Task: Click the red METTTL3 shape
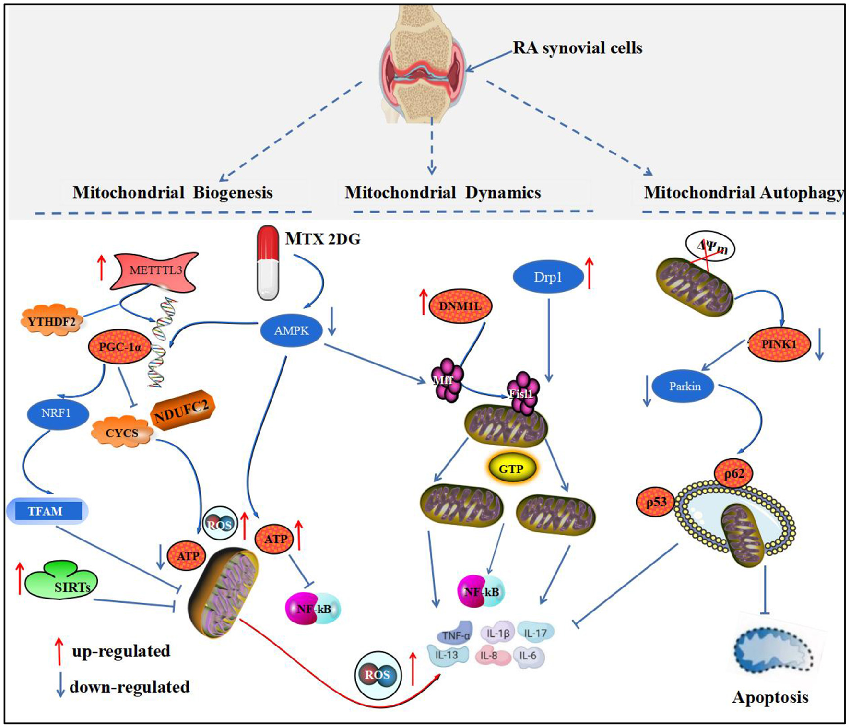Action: click(x=154, y=270)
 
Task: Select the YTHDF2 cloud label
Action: click(x=51, y=321)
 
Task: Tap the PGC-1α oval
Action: click(x=120, y=346)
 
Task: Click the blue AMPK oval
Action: click(x=291, y=330)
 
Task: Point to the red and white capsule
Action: click(x=268, y=263)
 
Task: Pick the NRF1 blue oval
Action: click(x=56, y=413)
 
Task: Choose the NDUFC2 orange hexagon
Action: click(x=182, y=411)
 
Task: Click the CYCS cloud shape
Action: click(x=122, y=433)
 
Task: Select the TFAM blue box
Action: click(x=46, y=511)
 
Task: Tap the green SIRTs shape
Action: click(x=62, y=582)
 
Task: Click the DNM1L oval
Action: click(x=460, y=305)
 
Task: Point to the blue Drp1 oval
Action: click(x=548, y=277)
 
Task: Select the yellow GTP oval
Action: click(x=511, y=469)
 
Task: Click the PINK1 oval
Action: click(x=779, y=344)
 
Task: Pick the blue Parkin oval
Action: click(x=685, y=386)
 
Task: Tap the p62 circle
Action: click(x=734, y=474)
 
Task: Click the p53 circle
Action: click(x=656, y=503)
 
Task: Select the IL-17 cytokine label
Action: click(x=535, y=633)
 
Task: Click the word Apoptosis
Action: click(x=770, y=697)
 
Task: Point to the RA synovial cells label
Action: click(x=577, y=48)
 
